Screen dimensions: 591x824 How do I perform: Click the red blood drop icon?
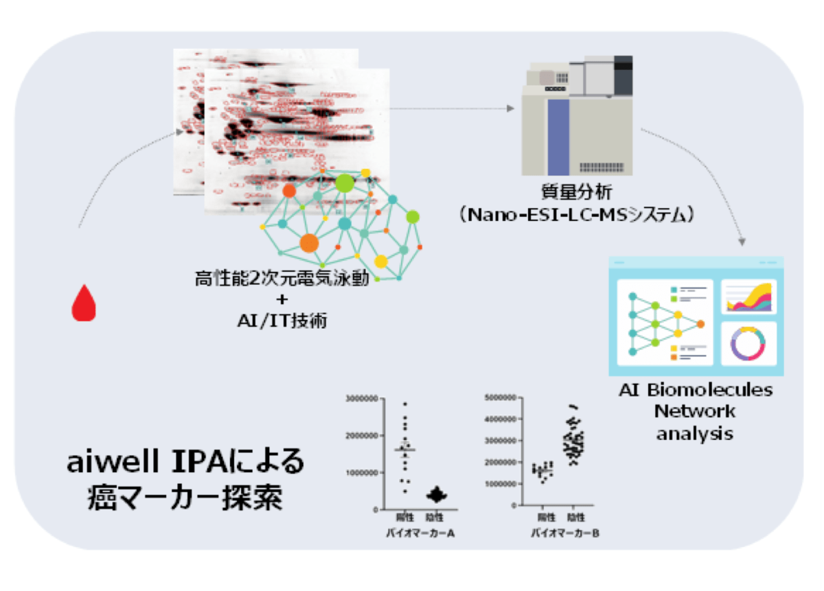pyautogui.click(x=84, y=303)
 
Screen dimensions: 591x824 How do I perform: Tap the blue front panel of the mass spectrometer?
pyautogui.click(x=558, y=137)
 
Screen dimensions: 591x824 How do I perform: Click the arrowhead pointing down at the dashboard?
pyautogui.click(x=742, y=242)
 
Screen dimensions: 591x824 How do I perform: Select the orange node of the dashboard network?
pyautogui.click(x=700, y=324)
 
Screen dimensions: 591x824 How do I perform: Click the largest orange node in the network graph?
pyautogui.click(x=309, y=242)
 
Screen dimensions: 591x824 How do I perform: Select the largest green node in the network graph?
pyautogui.click(x=344, y=183)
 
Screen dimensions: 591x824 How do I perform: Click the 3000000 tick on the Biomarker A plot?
pyautogui.click(x=365, y=399)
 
